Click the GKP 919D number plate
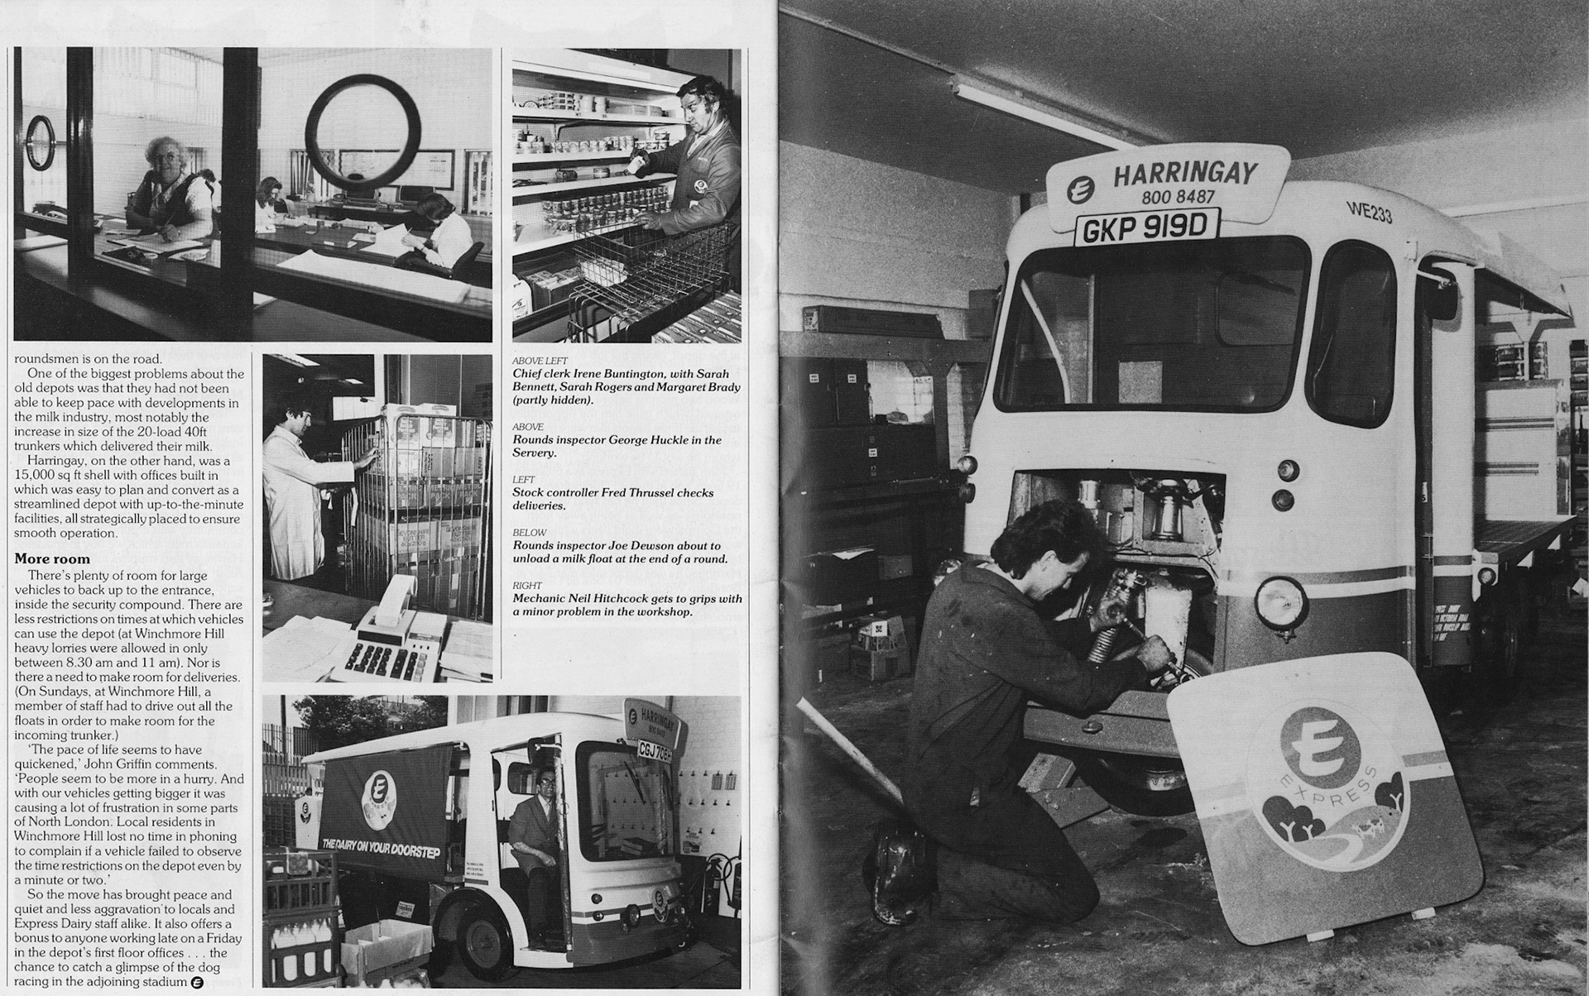[1147, 227]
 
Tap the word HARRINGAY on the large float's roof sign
[1184, 175]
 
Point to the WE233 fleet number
[1369, 212]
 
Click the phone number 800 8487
[1178, 197]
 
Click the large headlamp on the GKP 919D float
[1280, 602]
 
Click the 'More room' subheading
[52, 559]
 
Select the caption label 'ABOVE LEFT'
[540, 362]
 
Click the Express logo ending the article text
[197, 982]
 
